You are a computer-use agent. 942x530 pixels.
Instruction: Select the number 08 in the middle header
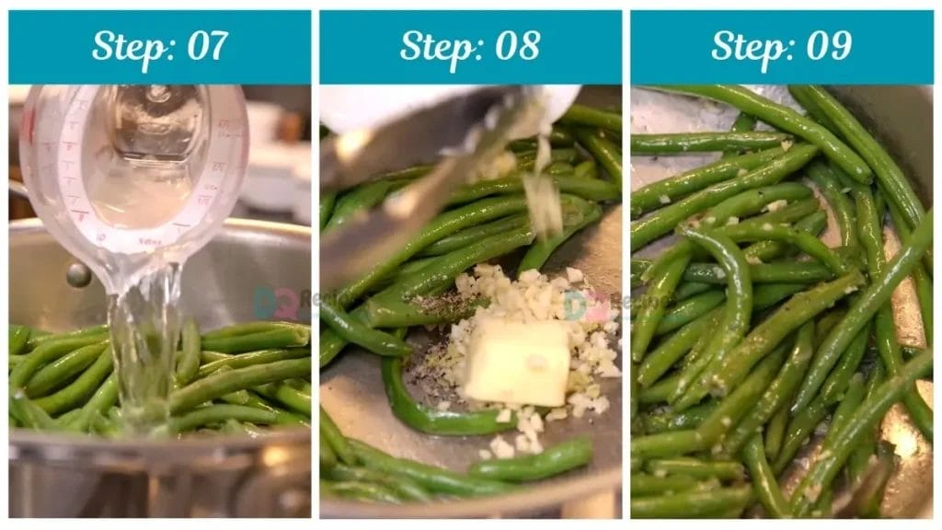click(517, 46)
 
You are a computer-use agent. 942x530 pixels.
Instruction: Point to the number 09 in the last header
click(828, 46)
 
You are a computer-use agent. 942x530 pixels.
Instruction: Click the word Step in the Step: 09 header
click(746, 46)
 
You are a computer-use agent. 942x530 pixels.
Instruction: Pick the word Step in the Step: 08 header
click(434, 46)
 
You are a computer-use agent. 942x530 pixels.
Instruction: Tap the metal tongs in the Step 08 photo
click(414, 175)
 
